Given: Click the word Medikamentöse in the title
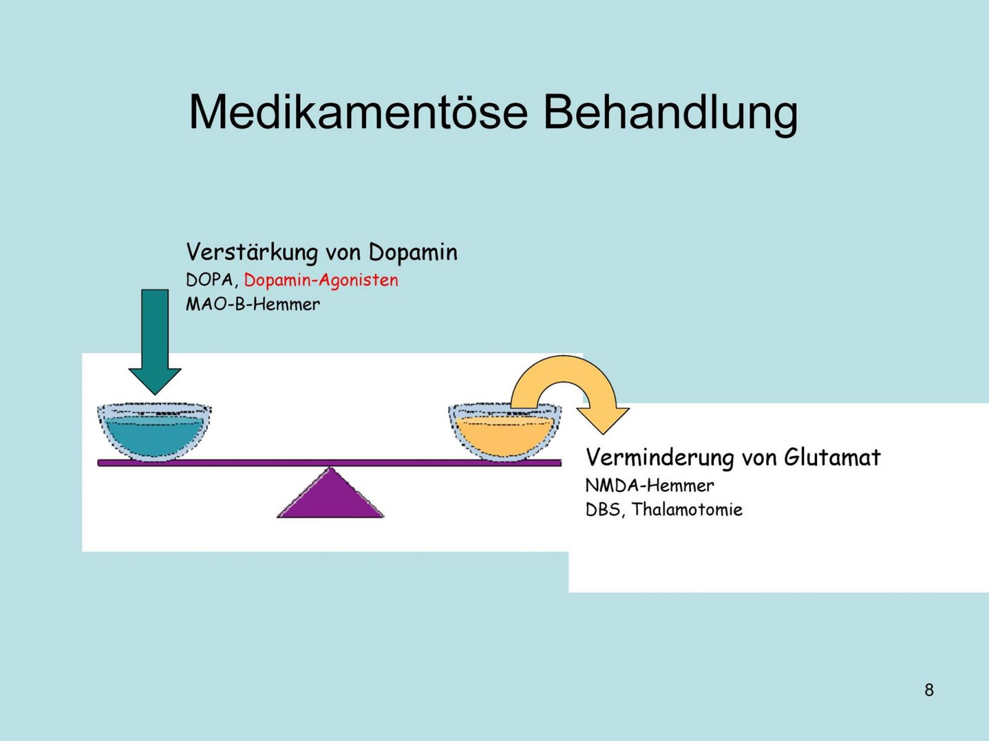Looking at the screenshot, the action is click(x=358, y=112).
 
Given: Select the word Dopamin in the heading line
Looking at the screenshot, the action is click(x=413, y=252).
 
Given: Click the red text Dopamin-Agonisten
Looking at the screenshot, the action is click(x=321, y=280).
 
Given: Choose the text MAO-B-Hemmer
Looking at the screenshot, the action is click(x=253, y=305).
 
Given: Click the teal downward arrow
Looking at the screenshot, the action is click(x=155, y=342).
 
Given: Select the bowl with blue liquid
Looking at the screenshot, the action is click(x=154, y=431).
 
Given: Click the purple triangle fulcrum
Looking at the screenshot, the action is click(x=330, y=493).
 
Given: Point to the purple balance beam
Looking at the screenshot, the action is click(x=329, y=463).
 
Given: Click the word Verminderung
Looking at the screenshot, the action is click(x=660, y=458).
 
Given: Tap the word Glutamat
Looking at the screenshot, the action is click(x=832, y=458).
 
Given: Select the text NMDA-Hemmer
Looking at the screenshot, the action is click(x=650, y=486).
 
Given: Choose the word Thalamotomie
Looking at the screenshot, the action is click(x=687, y=510).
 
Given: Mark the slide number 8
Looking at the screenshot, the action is click(x=929, y=690).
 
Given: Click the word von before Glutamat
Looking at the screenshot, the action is click(x=759, y=459).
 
